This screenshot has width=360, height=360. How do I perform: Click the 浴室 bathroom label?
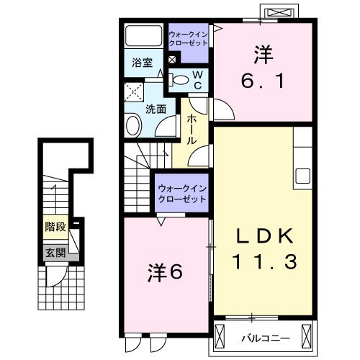pyautogui.click(x=141, y=63)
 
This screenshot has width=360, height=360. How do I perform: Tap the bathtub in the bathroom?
pyautogui.click(x=143, y=37)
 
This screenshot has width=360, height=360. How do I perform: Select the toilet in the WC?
pyautogui.click(x=181, y=80)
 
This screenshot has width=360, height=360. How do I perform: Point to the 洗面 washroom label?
pyautogui.click(x=156, y=109)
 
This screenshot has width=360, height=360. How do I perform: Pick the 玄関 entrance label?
pyautogui.click(x=55, y=252)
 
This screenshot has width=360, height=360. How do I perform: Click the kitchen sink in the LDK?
pyautogui.click(x=302, y=175)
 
